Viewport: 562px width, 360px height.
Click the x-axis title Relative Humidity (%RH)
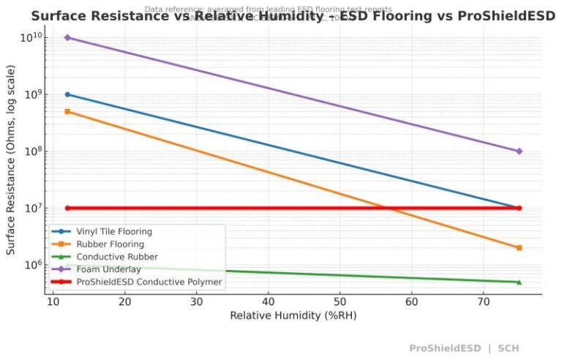(x=293, y=315)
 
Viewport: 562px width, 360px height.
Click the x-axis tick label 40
(x=268, y=301)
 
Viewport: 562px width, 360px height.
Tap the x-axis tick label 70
(x=483, y=301)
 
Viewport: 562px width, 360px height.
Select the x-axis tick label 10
(x=53, y=301)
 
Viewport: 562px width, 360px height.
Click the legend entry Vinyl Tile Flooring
(x=114, y=232)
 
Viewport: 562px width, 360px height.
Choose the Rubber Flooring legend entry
(x=110, y=244)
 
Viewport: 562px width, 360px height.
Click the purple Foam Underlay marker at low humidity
(x=67, y=37)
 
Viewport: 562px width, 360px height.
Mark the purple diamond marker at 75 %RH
(x=519, y=151)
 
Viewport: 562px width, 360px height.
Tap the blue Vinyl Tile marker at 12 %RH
(x=67, y=94)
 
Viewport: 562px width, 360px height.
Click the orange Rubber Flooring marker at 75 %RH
(x=519, y=248)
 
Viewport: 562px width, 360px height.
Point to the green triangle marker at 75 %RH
(x=519, y=282)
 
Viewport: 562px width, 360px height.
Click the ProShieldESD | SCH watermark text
(x=464, y=348)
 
